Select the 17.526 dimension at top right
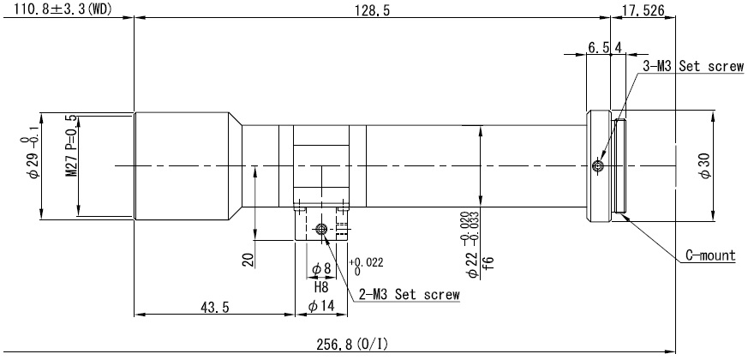point(643,10)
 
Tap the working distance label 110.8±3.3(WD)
point(63,9)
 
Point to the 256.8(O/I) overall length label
point(352,344)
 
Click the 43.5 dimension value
point(214,308)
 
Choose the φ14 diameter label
point(320,306)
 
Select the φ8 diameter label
point(321,269)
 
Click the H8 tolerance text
point(321,287)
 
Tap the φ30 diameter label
point(705,167)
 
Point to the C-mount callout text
point(710,255)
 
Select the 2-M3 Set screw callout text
point(410,294)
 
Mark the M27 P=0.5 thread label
point(71,146)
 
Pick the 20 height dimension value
point(248,261)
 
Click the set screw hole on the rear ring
point(598,166)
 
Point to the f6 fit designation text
point(488,263)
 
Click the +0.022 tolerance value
point(367,262)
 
